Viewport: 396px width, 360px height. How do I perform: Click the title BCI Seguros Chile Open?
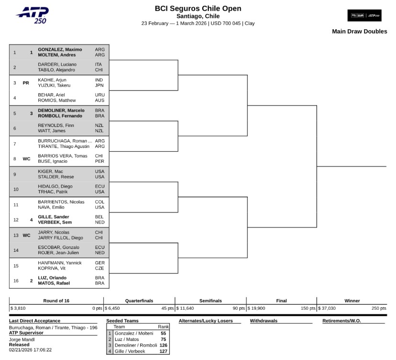198,9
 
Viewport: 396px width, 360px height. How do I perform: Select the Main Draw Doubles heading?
360,32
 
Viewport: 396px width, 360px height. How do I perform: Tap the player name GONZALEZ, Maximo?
60,49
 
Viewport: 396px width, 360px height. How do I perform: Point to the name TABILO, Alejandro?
56,70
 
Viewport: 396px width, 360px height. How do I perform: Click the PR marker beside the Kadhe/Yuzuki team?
26,83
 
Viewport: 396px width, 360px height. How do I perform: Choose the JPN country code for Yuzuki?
99,85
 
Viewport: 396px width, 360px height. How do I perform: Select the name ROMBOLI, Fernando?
60,116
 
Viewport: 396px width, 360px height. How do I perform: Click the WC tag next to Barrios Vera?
26,159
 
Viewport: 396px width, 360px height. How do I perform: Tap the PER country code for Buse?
99,161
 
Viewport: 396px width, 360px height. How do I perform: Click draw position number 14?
16,250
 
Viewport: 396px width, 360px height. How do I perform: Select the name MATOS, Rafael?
54,283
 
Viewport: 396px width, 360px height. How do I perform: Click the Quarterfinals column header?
139,301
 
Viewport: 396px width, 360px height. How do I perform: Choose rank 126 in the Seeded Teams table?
163,345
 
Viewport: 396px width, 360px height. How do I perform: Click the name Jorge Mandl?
22,339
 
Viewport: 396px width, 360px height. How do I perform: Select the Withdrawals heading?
264,321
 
